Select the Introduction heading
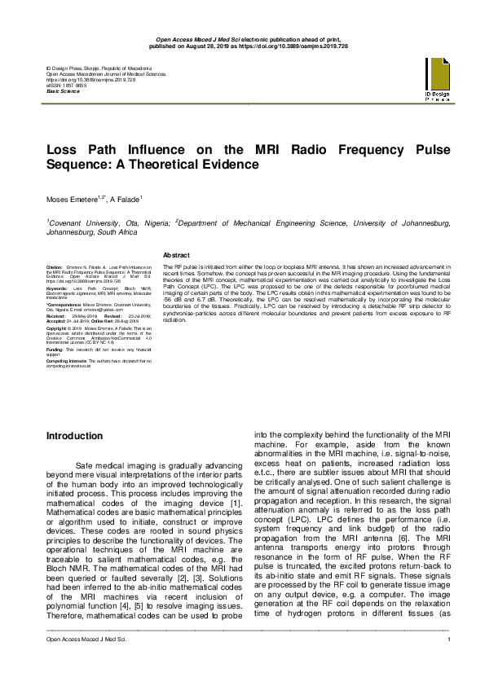coord(80,437)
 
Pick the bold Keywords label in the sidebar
coord(57,288)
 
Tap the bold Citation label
coord(55,267)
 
